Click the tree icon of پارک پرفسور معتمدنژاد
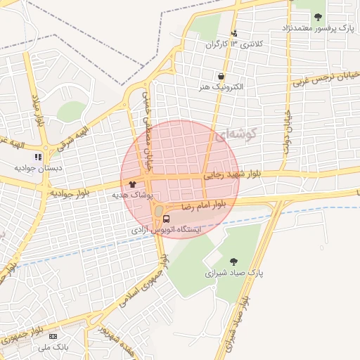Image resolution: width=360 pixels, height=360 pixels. pyautogui.click(x=318, y=17)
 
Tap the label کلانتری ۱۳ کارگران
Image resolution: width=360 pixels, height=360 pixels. pyautogui.click(x=233, y=44)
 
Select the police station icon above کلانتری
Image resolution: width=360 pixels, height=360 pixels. pyautogui.click(x=234, y=33)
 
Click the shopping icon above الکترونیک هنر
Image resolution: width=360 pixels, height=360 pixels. pyautogui.click(x=222, y=76)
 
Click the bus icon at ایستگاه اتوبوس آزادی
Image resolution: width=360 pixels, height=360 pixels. pyautogui.click(x=166, y=219)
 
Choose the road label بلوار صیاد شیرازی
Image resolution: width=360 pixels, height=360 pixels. pyautogui.click(x=236, y=323)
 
